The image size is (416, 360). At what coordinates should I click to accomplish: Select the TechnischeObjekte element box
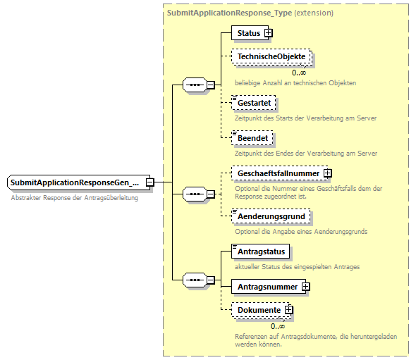[x=271, y=56]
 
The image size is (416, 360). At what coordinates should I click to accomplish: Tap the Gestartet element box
[x=254, y=103]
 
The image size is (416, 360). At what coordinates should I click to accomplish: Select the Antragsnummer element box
[x=266, y=286]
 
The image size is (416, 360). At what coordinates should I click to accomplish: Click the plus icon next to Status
[x=269, y=32]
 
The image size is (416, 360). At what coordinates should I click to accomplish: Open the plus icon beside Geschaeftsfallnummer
[x=328, y=173]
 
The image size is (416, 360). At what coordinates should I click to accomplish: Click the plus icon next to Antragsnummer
[x=305, y=286]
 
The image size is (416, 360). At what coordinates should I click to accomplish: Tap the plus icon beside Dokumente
[x=289, y=310]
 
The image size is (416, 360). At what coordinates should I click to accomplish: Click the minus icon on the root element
[x=150, y=182]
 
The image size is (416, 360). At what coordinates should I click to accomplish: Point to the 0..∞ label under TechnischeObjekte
[x=299, y=72]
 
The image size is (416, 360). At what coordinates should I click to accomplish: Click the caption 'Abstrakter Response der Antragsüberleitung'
[x=75, y=198]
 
